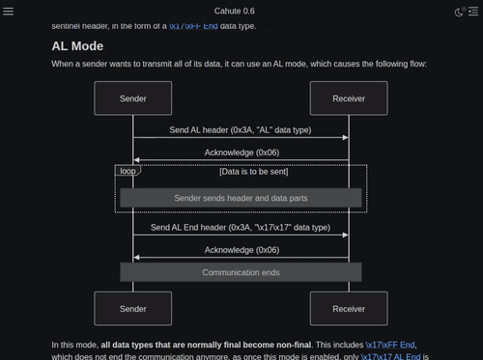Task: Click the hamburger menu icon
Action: pos(9,11)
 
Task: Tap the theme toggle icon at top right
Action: pos(460,11)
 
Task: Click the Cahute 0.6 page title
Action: pos(241,11)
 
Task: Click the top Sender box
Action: pos(133,98)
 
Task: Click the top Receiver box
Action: pos(349,98)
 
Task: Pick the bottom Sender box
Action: pos(133,309)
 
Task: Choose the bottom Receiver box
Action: pos(349,309)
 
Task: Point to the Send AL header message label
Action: pos(241,129)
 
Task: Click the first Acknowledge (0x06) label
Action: pos(241,152)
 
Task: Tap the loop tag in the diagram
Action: pos(128,171)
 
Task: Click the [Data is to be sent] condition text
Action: pos(253,172)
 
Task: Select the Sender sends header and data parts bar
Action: pos(241,198)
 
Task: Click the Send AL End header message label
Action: pos(241,228)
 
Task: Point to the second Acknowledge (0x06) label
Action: pos(241,250)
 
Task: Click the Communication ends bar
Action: pos(241,272)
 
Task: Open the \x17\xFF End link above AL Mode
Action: pos(194,25)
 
